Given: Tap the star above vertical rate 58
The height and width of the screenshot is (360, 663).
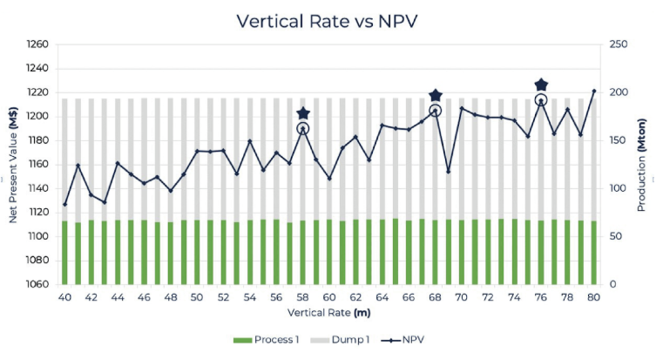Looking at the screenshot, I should pos(303,113).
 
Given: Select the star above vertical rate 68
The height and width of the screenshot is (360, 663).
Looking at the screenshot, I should pos(436,95).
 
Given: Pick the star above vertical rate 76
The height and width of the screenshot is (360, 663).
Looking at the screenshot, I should pos(541,85).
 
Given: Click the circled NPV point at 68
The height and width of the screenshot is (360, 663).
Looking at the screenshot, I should pos(436,111).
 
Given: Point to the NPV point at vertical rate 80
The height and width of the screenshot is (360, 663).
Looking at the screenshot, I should pos(594,91).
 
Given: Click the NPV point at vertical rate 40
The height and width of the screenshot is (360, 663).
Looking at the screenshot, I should pos(64,205).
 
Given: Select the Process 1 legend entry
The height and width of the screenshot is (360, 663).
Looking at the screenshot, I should pos(267,339).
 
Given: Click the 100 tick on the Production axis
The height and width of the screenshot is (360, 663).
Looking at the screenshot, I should pos(616,188).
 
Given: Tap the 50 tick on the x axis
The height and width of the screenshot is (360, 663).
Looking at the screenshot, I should pos(197,297).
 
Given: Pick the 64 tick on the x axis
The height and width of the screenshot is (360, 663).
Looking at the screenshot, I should pos(382,297).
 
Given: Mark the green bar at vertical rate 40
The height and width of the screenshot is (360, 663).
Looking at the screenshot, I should pos(64,253).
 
